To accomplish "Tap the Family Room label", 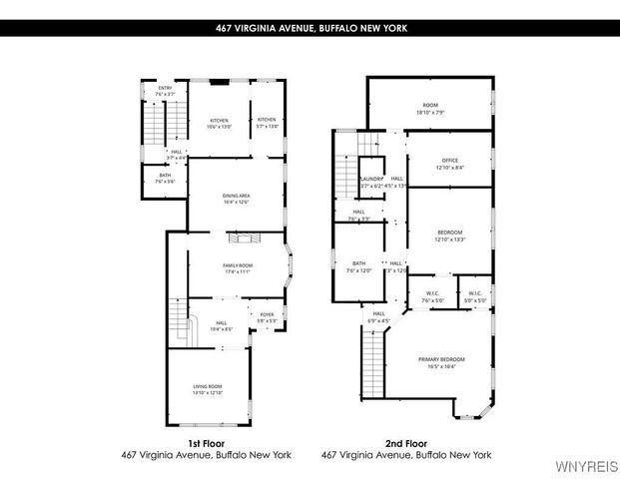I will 236,267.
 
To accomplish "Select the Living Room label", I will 207,389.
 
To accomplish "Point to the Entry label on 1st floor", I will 166,91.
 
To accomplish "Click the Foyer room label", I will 267,317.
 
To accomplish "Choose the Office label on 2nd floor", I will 450,164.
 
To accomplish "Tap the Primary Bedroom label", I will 447,362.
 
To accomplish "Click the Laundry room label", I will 371,182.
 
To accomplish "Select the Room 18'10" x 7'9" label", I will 430,109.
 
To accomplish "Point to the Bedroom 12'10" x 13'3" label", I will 450,236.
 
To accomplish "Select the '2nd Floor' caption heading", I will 406,442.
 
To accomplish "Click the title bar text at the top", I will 310,29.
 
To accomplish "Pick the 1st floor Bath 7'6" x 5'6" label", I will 165,179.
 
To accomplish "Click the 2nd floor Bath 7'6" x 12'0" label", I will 358,266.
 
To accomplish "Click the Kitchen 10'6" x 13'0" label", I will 219,124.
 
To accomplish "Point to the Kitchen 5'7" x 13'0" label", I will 267,124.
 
